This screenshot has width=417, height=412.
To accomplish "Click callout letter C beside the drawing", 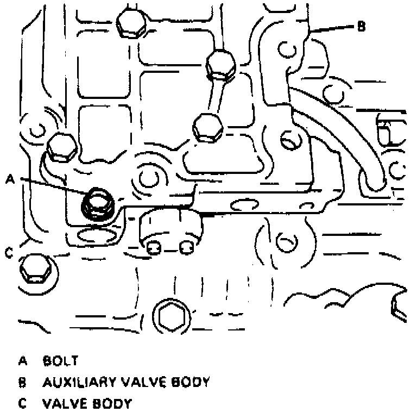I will click(x=9, y=253).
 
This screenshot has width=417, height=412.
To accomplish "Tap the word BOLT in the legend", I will click(x=61, y=360).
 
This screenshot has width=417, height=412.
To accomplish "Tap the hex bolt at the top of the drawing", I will click(x=131, y=26).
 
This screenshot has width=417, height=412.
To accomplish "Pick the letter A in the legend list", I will click(x=22, y=360).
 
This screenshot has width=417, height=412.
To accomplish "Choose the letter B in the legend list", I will click(x=22, y=382).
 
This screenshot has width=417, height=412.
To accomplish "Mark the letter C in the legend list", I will click(x=22, y=404).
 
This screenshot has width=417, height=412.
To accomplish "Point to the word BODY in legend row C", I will click(x=113, y=404).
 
